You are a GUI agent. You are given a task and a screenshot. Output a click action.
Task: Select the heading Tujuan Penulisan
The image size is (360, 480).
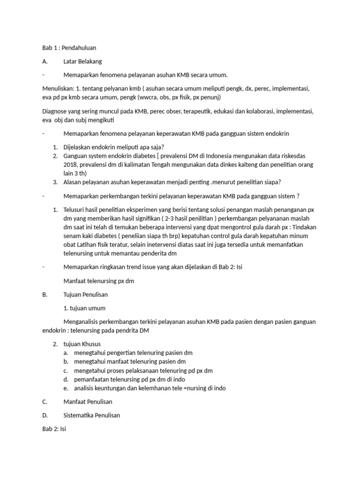pyautogui.click(x=86, y=295)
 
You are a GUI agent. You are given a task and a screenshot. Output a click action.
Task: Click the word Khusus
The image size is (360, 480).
pyautogui.click(x=91, y=344)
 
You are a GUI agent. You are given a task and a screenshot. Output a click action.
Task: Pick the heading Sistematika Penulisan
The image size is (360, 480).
pyautogui.click(x=91, y=415)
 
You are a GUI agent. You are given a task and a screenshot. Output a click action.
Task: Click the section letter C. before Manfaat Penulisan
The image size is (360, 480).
pyautogui.click(x=44, y=402)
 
